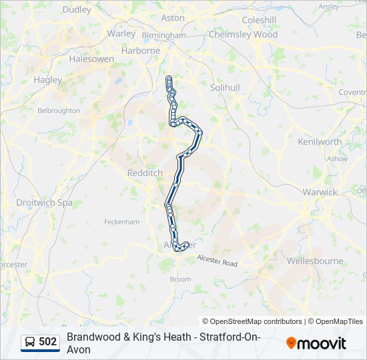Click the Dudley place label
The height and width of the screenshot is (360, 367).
point(77,10)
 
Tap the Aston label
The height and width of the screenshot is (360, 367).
point(173,18)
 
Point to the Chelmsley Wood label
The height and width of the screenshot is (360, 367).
point(243,34)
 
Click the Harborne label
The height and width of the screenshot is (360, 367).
point(140,51)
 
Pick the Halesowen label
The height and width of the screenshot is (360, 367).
point(91,59)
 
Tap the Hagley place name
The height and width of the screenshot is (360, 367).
point(48,80)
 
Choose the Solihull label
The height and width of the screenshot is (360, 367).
point(224,88)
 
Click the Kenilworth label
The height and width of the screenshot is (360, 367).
point(320,141)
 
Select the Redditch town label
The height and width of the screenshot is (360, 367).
point(145,173)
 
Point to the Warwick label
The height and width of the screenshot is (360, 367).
point(320,192)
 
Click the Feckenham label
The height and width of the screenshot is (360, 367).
point(122,221)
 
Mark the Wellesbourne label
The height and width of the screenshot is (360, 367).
point(315,261)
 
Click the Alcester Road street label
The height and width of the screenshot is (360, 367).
point(217,261)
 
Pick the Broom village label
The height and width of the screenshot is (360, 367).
point(180,279)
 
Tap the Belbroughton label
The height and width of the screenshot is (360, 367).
point(59,111)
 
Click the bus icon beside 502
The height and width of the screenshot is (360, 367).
point(31,342)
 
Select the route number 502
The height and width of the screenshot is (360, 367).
point(48,342)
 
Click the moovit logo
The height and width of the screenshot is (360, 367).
point(316,343)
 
